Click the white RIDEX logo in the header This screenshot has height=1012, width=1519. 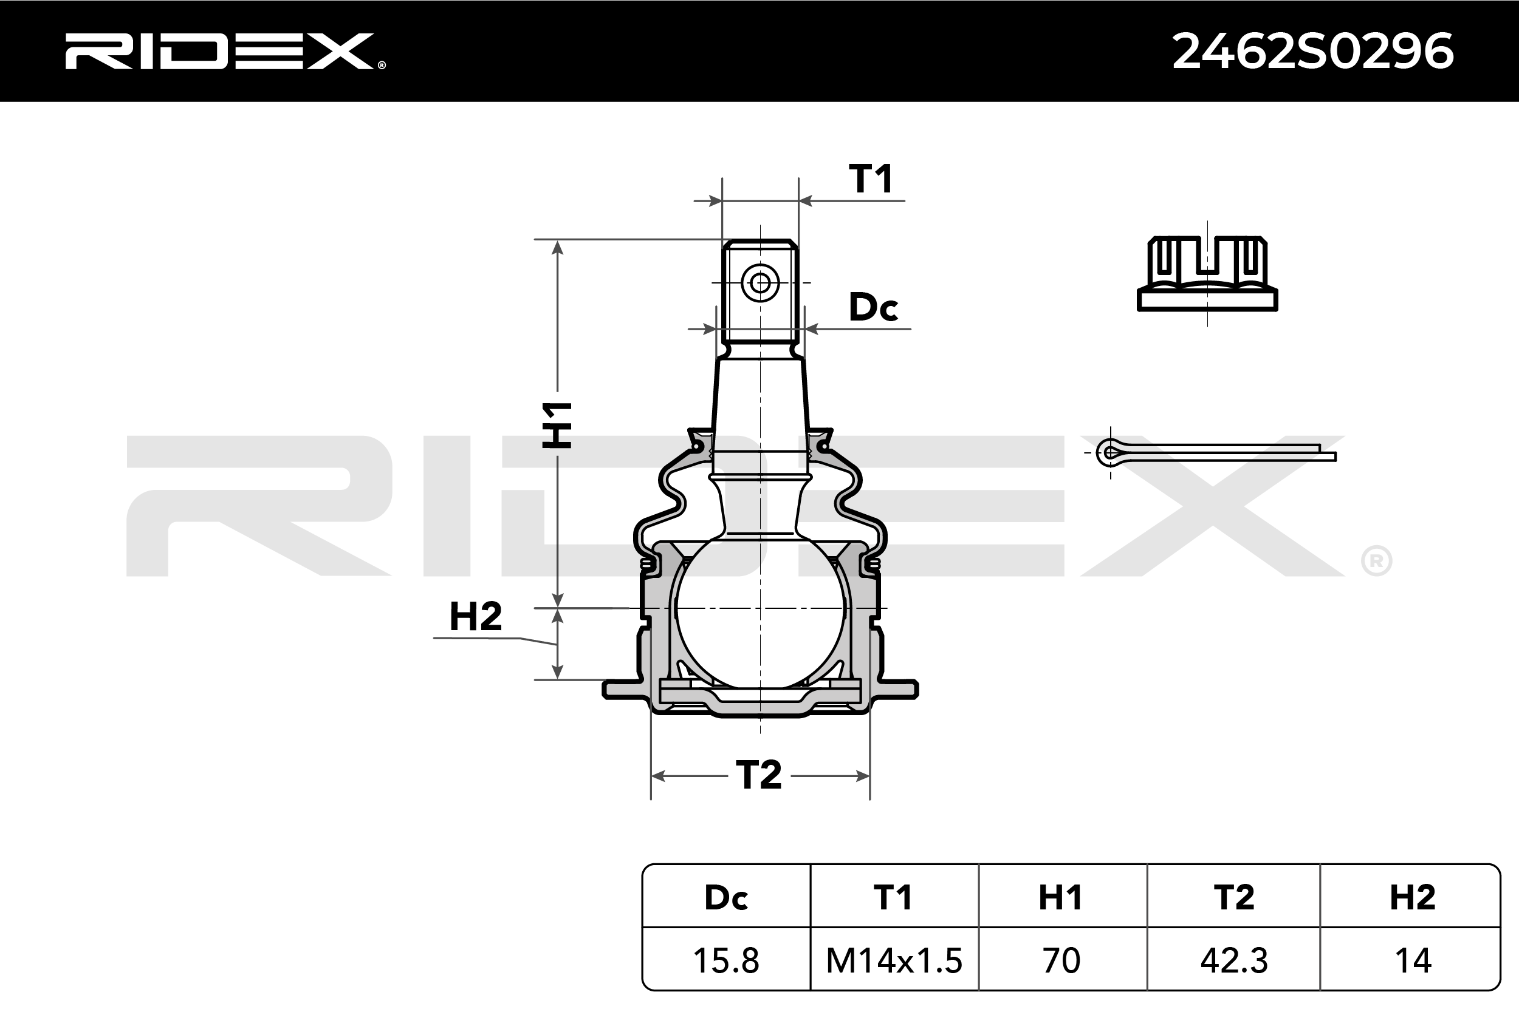click(x=225, y=52)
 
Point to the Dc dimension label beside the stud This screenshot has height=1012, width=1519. click(x=873, y=307)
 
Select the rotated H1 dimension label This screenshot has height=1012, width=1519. click(x=557, y=425)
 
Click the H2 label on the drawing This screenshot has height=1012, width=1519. click(x=476, y=616)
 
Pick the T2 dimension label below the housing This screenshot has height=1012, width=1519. click(x=759, y=775)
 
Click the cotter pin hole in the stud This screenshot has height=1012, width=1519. click(x=760, y=283)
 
